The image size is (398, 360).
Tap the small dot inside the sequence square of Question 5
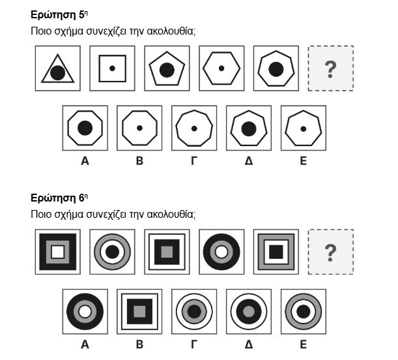[112, 68]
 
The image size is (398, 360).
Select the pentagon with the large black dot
[167, 70]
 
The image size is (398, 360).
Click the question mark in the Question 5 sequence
[330, 69]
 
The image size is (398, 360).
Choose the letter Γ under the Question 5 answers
[194, 161]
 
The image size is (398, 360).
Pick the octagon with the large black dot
[85, 128]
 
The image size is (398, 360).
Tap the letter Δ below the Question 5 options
[249, 161]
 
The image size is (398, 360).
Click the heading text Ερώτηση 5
[59, 15]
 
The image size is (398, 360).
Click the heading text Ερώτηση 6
[59, 198]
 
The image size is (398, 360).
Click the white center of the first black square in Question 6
[58, 252]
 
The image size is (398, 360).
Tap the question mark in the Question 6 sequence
[330, 253]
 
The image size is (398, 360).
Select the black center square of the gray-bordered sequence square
[276, 252]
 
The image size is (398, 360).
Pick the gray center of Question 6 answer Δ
[249, 312]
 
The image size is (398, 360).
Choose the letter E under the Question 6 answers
[304, 344]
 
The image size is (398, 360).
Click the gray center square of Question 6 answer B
[139, 312]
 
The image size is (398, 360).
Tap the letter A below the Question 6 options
[85, 344]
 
